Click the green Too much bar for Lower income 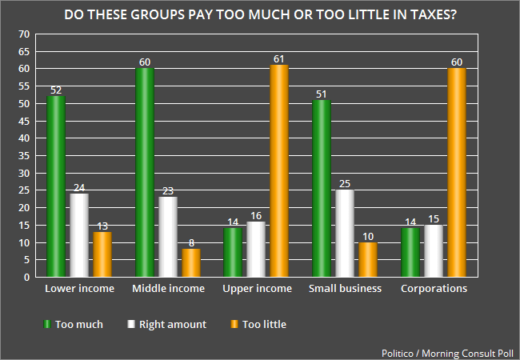[55, 187]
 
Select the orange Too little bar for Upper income [279, 171]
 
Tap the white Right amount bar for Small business [345, 234]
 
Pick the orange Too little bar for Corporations [457, 173]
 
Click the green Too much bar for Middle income [144, 173]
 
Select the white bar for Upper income [256, 250]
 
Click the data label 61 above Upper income [279, 59]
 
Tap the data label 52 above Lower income [55, 90]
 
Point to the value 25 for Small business [345, 184]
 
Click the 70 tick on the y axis [23, 34]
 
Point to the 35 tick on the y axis [23, 156]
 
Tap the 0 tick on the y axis [26, 278]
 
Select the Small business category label [345, 289]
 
